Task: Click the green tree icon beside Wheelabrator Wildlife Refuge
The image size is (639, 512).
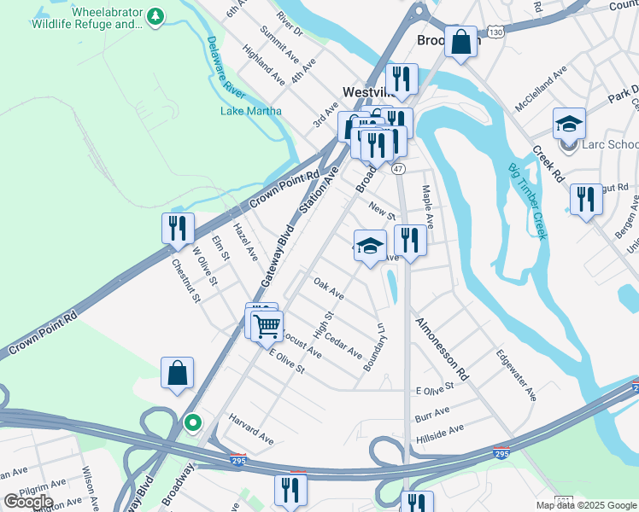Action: pos(155,16)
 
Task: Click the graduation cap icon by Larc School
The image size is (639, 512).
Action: pos(568,124)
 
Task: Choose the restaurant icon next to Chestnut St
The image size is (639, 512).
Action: pos(177,228)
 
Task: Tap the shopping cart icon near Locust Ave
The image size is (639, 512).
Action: pos(267,324)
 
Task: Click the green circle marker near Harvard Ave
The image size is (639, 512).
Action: pos(193,422)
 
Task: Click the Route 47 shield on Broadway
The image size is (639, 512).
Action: pos(398,169)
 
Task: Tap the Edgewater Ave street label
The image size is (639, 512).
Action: pos(517,375)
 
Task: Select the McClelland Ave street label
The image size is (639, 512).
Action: pos(542,90)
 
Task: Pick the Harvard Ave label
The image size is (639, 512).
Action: pos(250,429)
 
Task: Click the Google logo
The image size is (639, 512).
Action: pos(28,501)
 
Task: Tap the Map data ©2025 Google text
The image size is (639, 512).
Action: pos(585,505)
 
